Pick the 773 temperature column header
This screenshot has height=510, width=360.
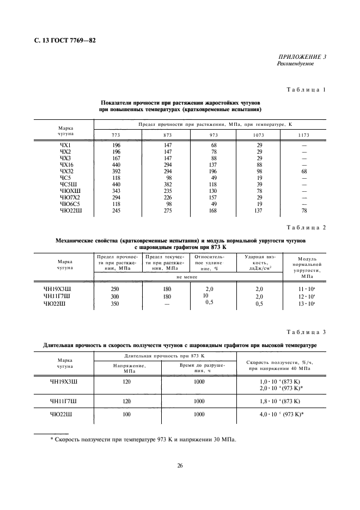click(115, 135)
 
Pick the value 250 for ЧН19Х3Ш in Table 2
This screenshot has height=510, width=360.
click(115, 289)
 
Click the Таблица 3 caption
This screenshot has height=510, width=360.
click(307, 332)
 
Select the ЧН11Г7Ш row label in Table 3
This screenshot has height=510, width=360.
click(64, 402)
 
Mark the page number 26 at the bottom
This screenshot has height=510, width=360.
click(180, 466)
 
